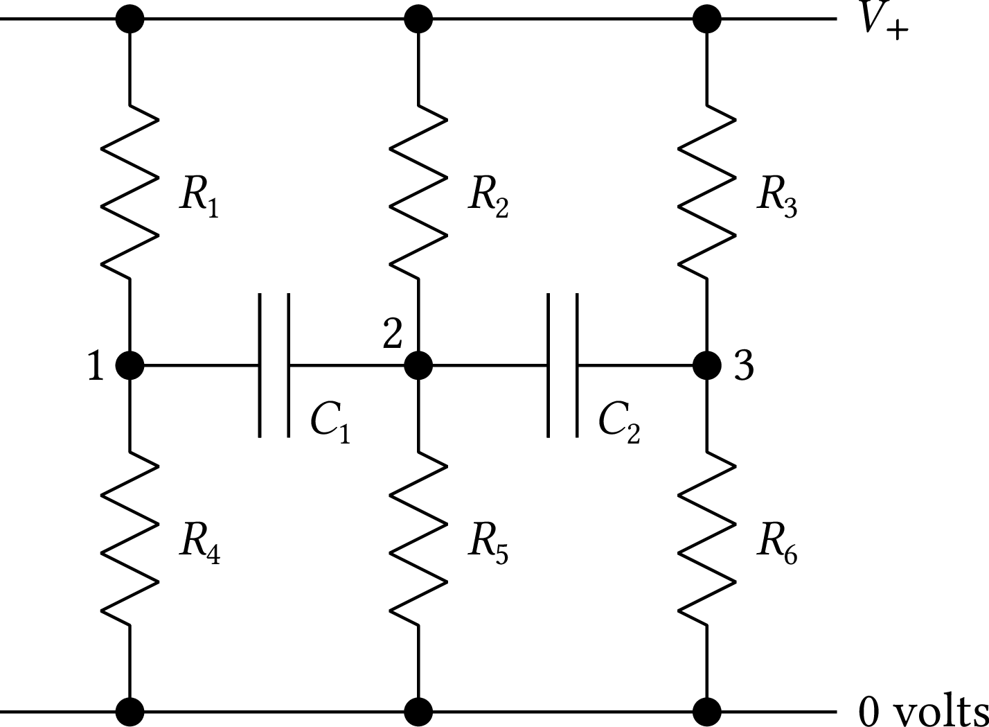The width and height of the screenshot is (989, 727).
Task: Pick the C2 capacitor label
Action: point(618,421)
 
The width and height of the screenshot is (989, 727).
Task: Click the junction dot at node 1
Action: point(130,365)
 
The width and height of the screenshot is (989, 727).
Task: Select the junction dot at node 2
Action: point(418,365)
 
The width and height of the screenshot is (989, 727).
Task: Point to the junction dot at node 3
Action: point(707,365)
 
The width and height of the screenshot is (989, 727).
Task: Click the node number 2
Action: point(393,334)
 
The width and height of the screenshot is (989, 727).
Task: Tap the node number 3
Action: point(743,366)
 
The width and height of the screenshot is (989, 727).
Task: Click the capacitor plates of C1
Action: point(274,365)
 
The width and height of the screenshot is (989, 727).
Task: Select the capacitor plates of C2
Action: point(562,365)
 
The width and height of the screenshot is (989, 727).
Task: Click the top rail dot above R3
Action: point(707,19)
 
